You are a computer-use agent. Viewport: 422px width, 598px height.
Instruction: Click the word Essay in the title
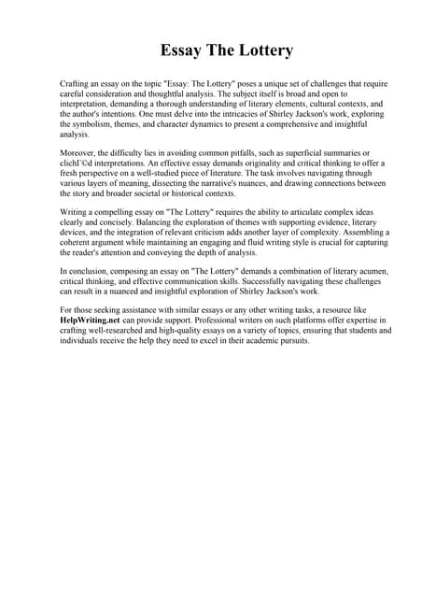[x=181, y=50]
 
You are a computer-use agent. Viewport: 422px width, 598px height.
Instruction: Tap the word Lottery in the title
[x=265, y=50]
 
